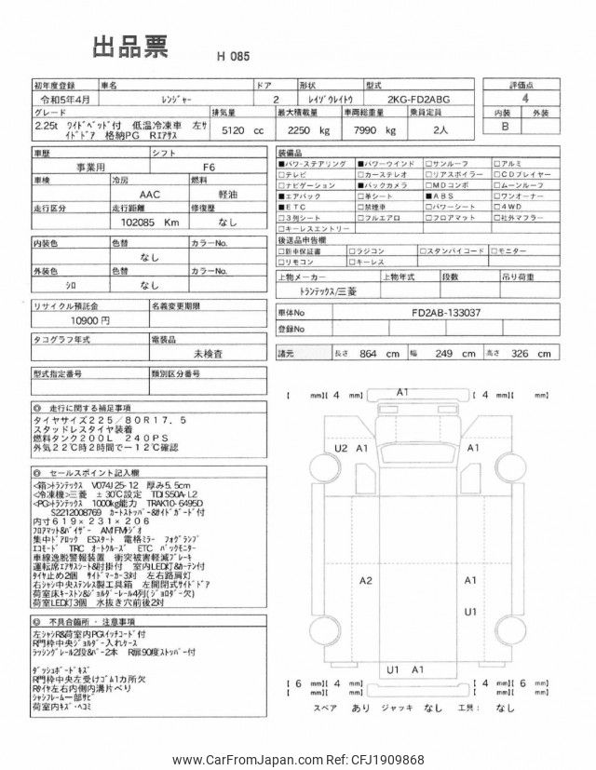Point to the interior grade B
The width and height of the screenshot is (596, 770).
click(507, 127)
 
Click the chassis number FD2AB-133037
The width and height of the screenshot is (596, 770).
click(444, 313)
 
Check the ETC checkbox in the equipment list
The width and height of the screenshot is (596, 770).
click(283, 207)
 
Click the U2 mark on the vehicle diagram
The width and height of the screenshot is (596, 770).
click(342, 449)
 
